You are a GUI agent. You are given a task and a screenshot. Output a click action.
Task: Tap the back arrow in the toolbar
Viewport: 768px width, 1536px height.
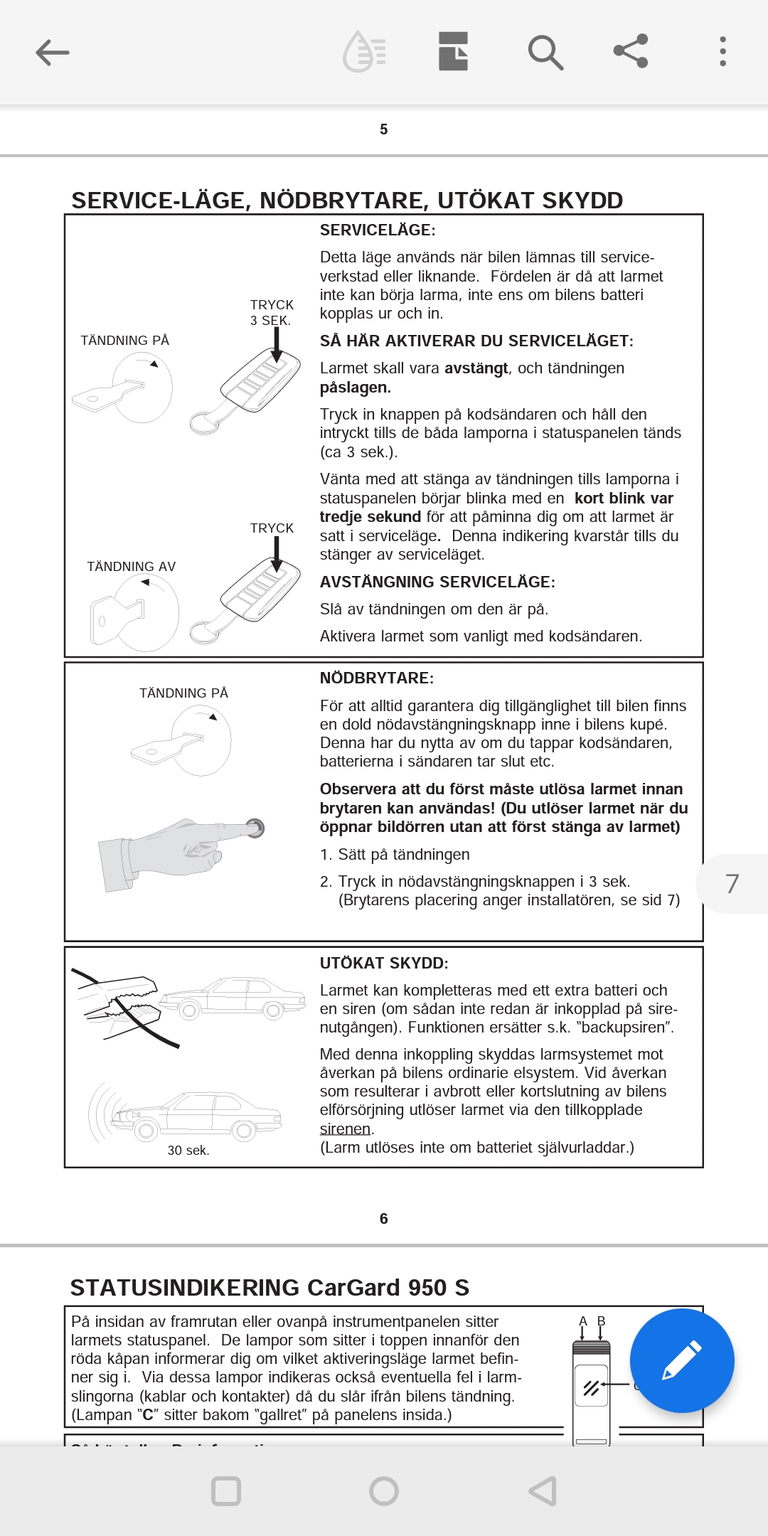click(53, 52)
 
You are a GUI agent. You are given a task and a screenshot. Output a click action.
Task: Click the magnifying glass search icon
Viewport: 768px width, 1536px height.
click(545, 52)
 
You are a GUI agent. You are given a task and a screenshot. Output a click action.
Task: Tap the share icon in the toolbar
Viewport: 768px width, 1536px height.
click(631, 51)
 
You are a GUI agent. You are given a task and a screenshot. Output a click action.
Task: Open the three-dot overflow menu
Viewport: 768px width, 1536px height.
click(722, 52)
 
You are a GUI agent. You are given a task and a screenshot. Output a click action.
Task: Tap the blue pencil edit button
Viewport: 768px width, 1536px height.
click(681, 1360)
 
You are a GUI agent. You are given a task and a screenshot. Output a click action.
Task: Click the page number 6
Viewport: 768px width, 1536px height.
click(384, 1219)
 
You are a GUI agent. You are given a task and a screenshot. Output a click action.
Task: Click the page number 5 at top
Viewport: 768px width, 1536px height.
click(384, 129)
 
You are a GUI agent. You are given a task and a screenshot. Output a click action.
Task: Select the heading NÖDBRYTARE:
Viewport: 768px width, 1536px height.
click(377, 678)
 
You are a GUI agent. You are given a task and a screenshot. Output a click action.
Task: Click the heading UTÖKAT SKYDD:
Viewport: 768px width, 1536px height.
click(384, 964)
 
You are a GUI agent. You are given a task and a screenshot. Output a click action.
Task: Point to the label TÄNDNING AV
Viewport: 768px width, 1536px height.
click(132, 567)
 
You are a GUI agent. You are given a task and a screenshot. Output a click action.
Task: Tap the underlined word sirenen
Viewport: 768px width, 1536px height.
click(345, 1129)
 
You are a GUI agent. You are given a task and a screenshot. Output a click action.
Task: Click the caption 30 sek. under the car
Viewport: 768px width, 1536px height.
click(188, 1151)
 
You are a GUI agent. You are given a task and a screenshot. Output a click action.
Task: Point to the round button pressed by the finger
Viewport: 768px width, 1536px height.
click(255, 828)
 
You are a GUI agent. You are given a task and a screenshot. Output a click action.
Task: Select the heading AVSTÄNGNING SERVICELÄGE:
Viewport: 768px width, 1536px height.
click(437, 582)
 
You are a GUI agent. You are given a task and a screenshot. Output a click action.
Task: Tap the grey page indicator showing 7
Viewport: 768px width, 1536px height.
click(732, 884)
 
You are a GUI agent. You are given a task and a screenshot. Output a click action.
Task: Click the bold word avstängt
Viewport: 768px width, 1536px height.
click(476, 368)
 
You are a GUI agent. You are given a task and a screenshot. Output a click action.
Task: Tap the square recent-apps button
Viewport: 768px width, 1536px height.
click(226, 1491)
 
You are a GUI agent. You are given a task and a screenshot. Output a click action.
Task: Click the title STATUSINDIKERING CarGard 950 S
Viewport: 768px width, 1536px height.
click(270, 1288)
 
